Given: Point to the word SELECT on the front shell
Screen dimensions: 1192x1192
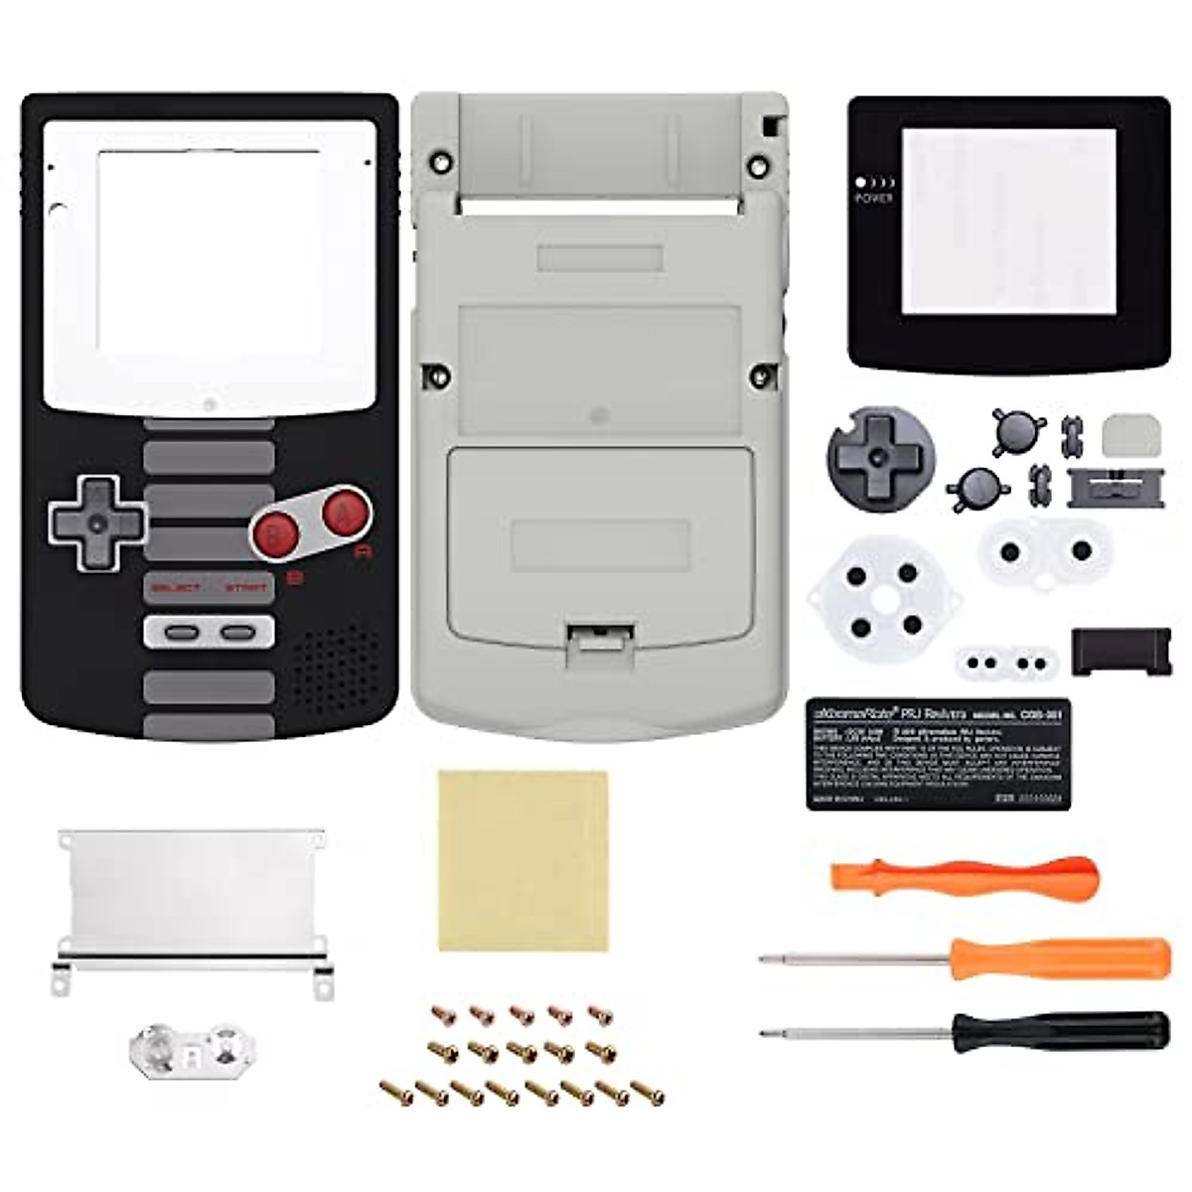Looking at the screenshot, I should pyautogui.click(x=176, y=588).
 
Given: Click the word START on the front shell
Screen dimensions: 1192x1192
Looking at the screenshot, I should pyautogui.click(x=245, y=588).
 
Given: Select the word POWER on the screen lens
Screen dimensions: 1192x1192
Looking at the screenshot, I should pyautogui.click(x=873, y=198).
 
